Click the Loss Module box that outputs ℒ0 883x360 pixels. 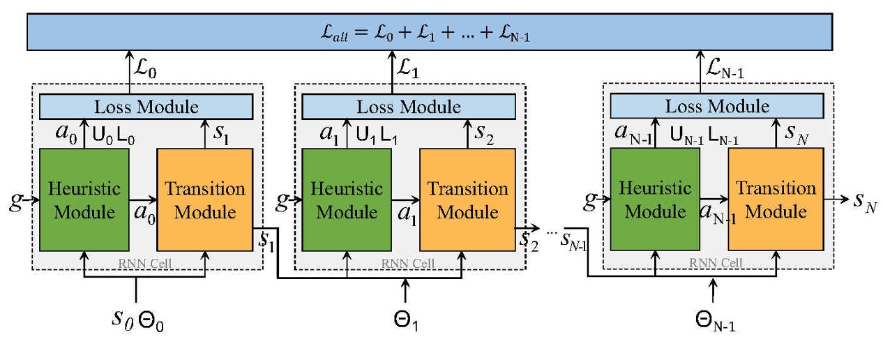click(146, 107)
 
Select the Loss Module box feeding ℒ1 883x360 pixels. click(409, 107)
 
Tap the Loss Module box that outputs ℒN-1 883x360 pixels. click(717, 106)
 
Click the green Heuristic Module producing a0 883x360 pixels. click(84, 200)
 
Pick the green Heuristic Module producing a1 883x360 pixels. click(347, 200)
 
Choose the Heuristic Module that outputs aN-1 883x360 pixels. click(655, 200)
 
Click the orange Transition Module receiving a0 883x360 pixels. click(204, 200)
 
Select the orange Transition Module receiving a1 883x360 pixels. click(467, 200)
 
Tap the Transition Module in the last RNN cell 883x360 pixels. click(776, 200)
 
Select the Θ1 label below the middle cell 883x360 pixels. click(407, 322)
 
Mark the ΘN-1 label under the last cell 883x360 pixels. click(715, 322)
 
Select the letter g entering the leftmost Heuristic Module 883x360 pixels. click(14, 202)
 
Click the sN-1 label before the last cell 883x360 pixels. click(575, 239)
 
